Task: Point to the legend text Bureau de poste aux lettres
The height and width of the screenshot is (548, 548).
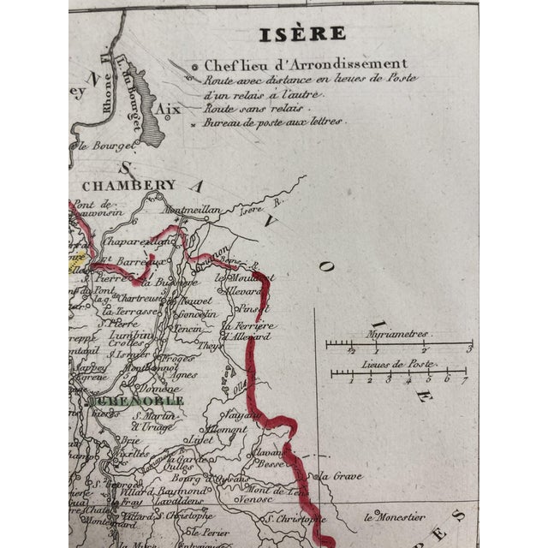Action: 273,123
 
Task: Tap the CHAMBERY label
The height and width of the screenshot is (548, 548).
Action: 128,185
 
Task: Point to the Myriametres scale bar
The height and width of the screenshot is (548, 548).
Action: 398,346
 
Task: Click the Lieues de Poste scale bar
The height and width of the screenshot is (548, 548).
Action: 399,373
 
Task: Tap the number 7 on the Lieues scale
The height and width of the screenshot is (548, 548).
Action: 466,379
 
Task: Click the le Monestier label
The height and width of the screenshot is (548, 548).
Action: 396,517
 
